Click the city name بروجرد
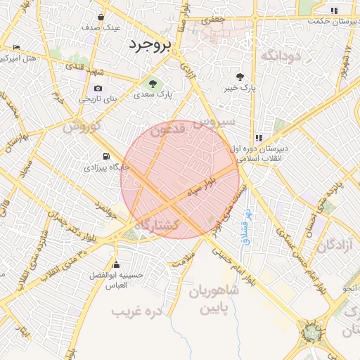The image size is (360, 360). tap(150, 46)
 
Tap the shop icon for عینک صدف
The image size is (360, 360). tap(102, 17)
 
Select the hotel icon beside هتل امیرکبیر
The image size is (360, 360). tap(17, 48)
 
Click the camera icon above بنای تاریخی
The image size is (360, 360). tap(98, 89)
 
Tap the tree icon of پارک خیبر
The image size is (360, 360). tap(240, 77)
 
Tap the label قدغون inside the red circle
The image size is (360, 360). tap(169, 130)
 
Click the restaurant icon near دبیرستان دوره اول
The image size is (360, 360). tap(259, 138)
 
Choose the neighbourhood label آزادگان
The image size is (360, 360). tap(336, 245)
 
